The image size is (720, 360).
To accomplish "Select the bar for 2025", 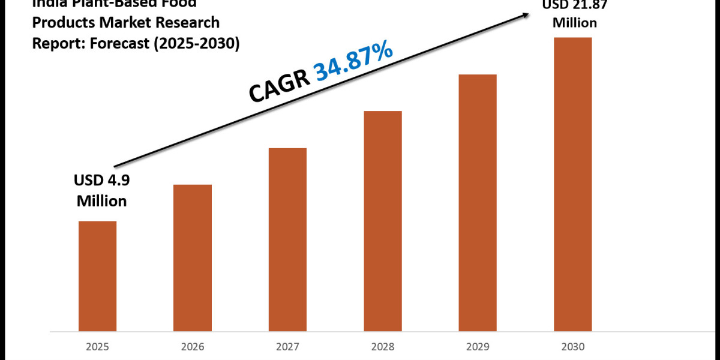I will tap(97, 276).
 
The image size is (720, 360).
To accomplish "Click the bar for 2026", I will tap(193, 258).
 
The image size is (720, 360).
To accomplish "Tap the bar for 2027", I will tap(287, 239).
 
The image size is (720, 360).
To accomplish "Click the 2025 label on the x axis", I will tap(97, 347).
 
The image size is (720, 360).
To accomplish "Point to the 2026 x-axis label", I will tap(193, 347).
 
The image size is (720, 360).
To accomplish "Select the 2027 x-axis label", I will tap(287, 347).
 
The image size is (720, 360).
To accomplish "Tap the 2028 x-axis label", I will tap(383, 347).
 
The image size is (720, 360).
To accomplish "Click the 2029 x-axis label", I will tap(478, 347).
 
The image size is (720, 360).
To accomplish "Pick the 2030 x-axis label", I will tap(573, 347).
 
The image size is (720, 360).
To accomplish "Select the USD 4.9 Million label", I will tap(101, 190).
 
